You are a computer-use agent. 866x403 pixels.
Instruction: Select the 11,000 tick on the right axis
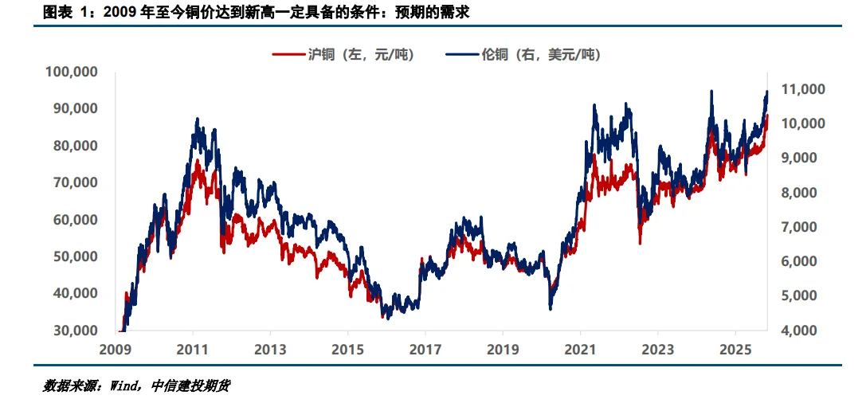pyautogui.click(x=804, y=89)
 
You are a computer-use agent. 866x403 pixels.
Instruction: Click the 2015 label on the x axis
pyautogui.click(x=347, y=348)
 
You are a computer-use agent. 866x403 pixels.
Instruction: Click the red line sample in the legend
pyautogui.click(x=288, y=55)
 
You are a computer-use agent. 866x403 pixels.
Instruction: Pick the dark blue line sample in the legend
pyautogui.click(x=462, y=55)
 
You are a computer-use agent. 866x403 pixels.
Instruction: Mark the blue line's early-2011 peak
pyautogui.click(x=197, y=119)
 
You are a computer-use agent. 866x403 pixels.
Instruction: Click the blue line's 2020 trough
pyautogui.click(x=551, y=309)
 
